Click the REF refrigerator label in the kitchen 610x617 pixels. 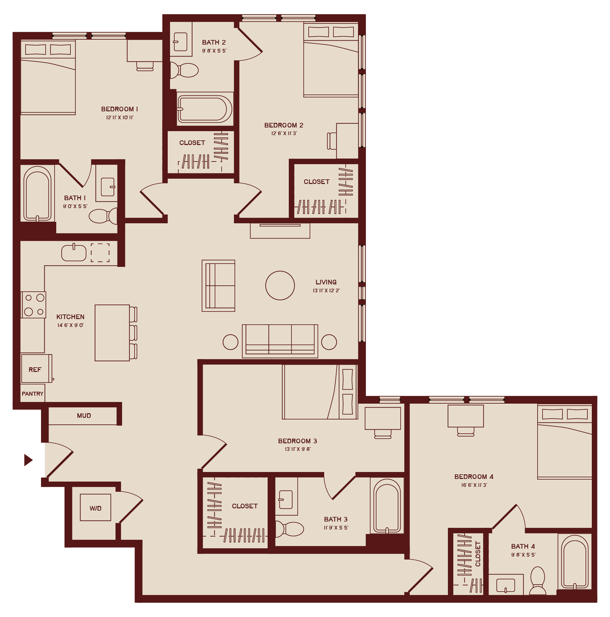click(35, 370)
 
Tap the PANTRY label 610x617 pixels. click(32, 394)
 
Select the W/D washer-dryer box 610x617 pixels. click(96, 507)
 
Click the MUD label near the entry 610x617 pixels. click(84, 416)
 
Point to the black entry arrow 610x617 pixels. click(28, 460)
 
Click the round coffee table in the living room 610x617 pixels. click(280, 285)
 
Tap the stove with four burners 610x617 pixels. click(33, 305)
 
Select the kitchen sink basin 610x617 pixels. click(74, 253)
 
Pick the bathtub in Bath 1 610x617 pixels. click(37, 194)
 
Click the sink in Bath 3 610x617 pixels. click(286, 499)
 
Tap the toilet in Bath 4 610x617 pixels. click(538, 580)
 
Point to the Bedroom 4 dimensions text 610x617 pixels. click(474, 485)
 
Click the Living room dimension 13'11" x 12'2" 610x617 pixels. click(326, 291)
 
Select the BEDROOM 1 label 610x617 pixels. click(119, 109)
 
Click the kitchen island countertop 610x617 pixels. click(112, 333)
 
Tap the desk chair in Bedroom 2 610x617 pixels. click(331, 141)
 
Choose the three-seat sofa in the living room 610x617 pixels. click(280, 341)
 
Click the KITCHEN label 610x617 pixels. click(70, 317)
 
